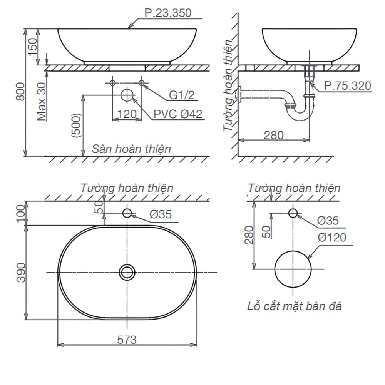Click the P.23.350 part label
(167, 13)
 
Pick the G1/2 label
(182, 95)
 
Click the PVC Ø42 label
(177, 114)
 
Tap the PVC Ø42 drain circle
(127, 95)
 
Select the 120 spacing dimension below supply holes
(127, 114)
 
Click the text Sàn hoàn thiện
(131, 149)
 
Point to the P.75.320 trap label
(347, 85)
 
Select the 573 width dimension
(127, 340)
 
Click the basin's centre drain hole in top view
(127, 272)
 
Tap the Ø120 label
(331, 237)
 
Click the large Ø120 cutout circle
(293, 269)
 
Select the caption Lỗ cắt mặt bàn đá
(294, 306)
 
